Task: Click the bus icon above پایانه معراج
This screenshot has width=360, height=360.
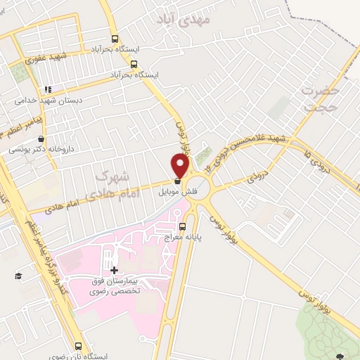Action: pos(184,227)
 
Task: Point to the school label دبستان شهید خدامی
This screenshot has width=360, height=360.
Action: pos(49,100)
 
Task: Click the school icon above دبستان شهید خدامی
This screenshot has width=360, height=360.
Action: pos(48,90)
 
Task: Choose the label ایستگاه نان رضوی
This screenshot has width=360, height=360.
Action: pos(79,356)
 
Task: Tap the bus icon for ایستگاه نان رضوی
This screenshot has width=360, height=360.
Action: pos(78,347)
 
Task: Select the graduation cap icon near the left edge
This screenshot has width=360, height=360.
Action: pos(18,275)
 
